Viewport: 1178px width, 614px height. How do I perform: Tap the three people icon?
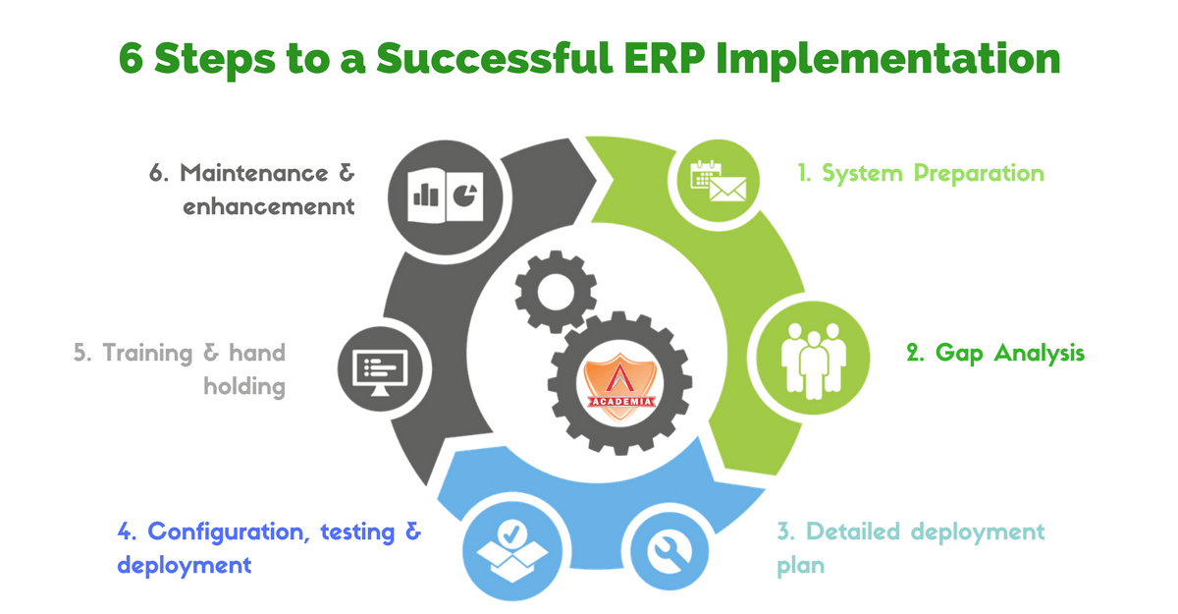pyautogui.click(x=814, y=354)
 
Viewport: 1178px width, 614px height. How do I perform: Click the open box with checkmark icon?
pyautogui.click(x=511, y=550)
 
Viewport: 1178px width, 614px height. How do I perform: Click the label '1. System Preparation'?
pyautogui.click(x=919, y=174)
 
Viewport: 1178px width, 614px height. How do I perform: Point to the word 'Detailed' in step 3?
pyautogui.click(x=852, y=532)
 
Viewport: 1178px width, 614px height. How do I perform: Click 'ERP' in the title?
pyautogui.click(x=657, y=58)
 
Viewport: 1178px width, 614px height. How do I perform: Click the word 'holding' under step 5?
pyautogui.click(x=244, y=386)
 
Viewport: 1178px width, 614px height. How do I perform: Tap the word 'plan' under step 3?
pyautogui.click(x=801, y=566)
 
